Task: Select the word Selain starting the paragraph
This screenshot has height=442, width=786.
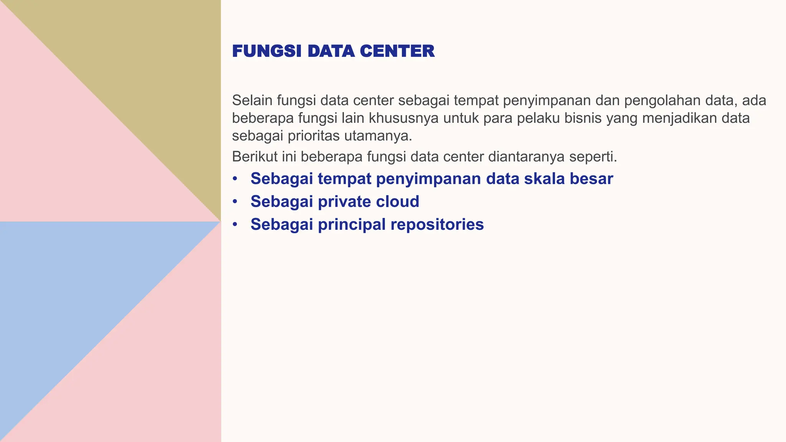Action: coord(252,101)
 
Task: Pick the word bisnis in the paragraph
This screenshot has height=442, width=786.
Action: coord(583,118)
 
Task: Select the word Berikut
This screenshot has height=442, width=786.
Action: coord(254,157)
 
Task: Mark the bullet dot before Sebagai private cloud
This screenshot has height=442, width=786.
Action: coord(235,202)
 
